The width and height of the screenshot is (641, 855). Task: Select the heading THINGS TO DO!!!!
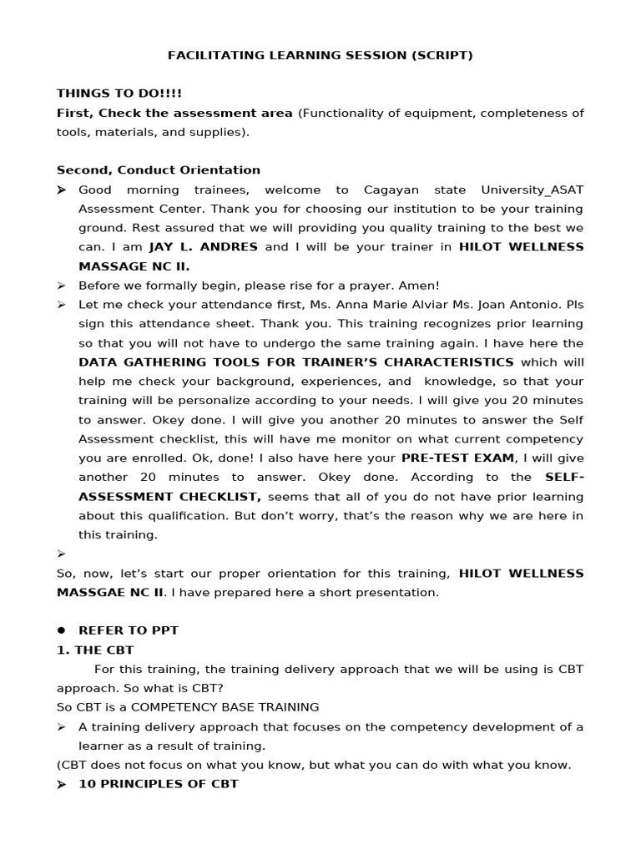click(x=119, y=94)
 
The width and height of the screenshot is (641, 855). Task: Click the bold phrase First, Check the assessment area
click(x=174, y=113)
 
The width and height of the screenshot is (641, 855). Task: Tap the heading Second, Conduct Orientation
click(x=159, y=170)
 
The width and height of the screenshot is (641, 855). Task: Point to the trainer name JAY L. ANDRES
click(x=204, y=247)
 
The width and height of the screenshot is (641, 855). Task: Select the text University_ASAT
click(x=534, y=190)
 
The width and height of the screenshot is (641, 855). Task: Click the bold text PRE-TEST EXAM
click(x=457, y=458)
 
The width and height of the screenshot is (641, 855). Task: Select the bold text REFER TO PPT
click(x=129, y=630)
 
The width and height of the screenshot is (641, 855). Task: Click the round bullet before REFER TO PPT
click(x=62, y=630)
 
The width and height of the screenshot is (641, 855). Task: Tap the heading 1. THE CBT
click(x=95, y=650)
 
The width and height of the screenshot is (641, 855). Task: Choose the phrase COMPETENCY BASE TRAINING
click(x=225, y=707)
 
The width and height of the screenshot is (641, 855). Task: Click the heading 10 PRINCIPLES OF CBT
click(x=159, y=784)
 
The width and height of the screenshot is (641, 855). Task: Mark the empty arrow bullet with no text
click(x=62, y=554)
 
